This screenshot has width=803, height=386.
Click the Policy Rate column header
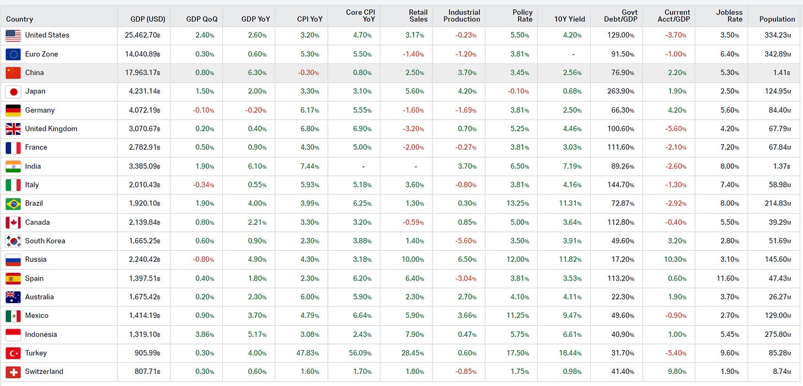coord(522,15)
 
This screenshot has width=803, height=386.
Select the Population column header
coord(777,19)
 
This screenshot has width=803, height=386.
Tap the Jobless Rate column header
coord(729,15)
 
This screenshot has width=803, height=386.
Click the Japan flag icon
coord(13,92)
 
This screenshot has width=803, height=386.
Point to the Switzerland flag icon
coord(13,372)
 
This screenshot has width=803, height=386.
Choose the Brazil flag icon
coord(13,204)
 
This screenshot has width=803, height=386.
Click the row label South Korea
coord(45,241)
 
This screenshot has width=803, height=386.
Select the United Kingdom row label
coord(51,129)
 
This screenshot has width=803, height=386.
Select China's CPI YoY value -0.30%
coord(311,73)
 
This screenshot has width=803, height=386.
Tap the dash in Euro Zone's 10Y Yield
coord(574,55)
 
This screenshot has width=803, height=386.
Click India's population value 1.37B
coord(781,166)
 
